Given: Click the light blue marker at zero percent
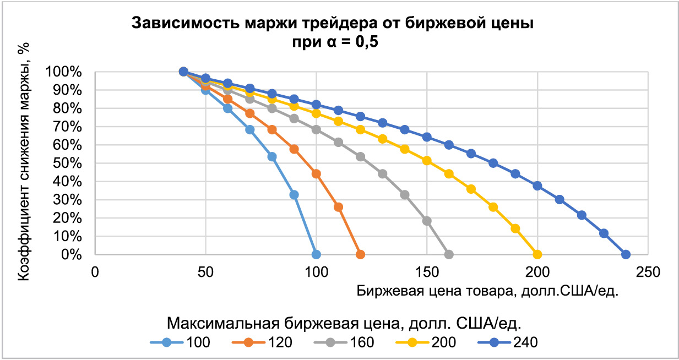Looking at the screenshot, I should click(316, 254).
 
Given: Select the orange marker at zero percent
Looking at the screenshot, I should click(360, 254).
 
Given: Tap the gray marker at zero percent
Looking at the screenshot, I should click(449, 254).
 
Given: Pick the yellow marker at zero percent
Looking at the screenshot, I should click(537, 254).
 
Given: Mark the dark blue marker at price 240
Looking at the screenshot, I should click(626, 254).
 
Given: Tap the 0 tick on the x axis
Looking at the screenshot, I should click(95, 272).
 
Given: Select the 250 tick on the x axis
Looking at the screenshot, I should click(648, 272).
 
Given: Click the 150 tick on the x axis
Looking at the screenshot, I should click(427, 272).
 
